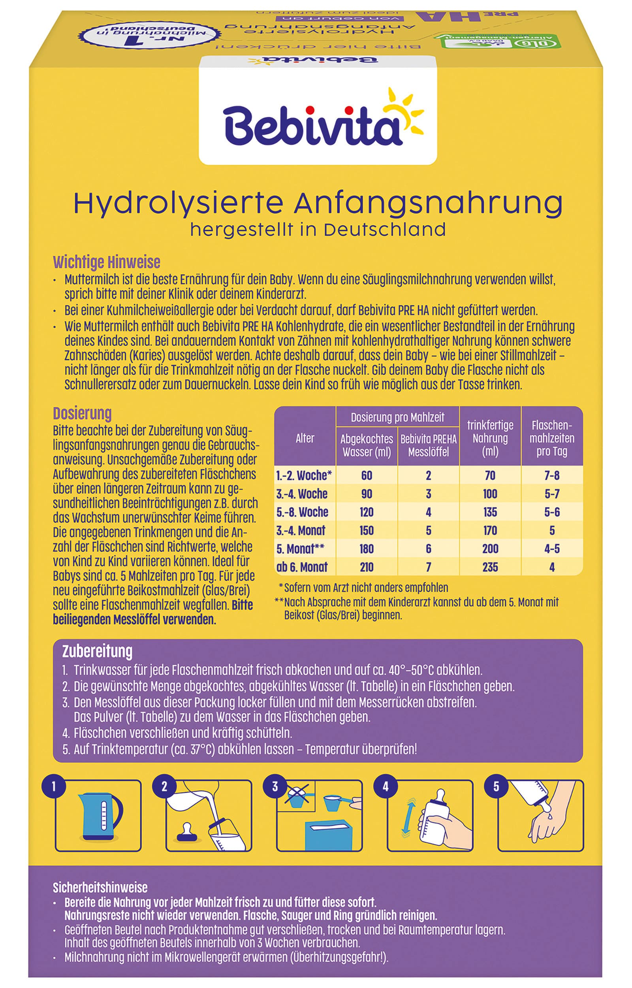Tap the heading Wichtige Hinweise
pyautogui.click(x=107, y=262)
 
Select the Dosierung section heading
pyautogui.click(x=82, y=413)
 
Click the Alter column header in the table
pyautogui.click(x=305, y=438)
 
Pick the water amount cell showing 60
pyautogui.click(x=367, y=475)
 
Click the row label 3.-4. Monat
pyautogui.click(x=301, y=530)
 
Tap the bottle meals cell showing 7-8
pyautogui.click(x=551, y=475)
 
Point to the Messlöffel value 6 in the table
pyautogui.click(x=428, y=549)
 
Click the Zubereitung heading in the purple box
pyautogui.click(x=97, y=651)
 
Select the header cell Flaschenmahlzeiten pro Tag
pyautogui.click(x=551, y=438)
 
